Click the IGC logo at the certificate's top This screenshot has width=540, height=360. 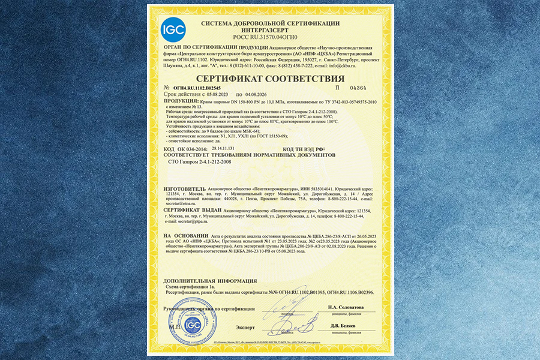173,29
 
